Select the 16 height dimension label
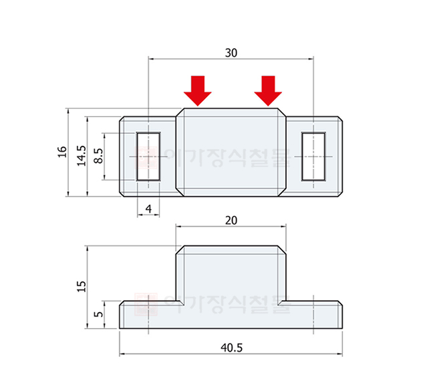click(62, 152)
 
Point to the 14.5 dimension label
click(82, 155)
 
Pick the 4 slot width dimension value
click(148, 209)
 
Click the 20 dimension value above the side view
click(231, 220)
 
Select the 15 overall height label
click(82, 286)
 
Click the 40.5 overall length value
click(231, 347)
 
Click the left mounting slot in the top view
click(148, 156)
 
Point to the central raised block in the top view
click(231, 152)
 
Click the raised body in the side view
click(231, 274)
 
